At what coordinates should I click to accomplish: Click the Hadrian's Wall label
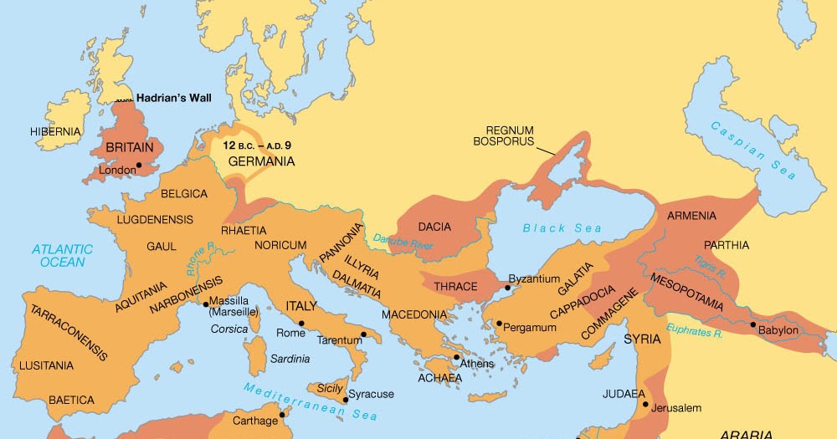click(173, 98)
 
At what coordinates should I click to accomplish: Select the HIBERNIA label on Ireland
click(55, 131)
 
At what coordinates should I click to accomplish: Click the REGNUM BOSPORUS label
click(509, 135)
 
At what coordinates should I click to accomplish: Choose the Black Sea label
click(550, 228)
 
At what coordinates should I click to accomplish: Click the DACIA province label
click(434, 227)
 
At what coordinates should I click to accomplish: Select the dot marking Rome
click(301, 324)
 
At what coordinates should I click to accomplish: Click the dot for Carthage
click(283, 414)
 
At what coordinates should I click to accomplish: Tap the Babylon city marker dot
click(753, 324)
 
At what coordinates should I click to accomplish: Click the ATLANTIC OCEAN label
click(62, 255)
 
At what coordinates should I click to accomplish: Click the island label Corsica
click(229, 329)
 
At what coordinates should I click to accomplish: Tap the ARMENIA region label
click(691, 216)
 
